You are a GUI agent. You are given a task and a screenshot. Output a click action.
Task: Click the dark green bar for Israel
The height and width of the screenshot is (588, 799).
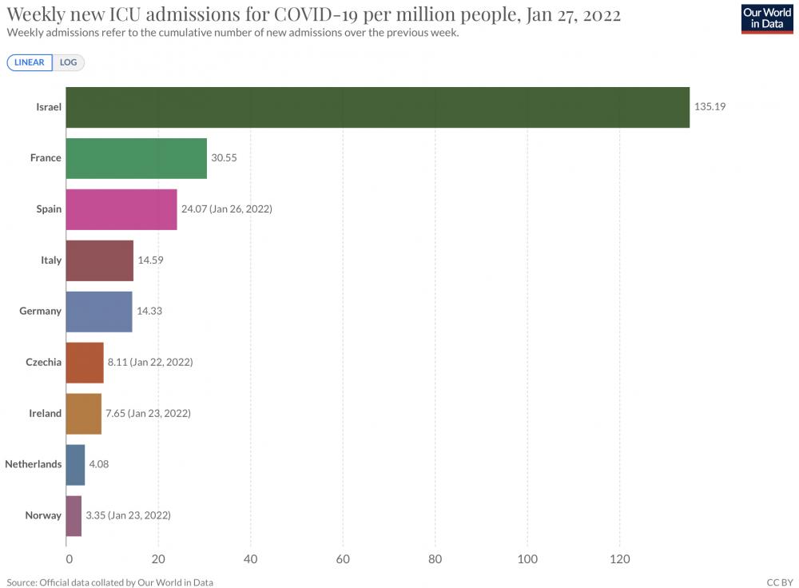[378, 107]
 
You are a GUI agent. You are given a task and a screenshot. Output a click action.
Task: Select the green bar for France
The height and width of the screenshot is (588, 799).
[137, 158]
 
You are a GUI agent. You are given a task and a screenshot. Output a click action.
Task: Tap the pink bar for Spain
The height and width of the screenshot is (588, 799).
[121, 209]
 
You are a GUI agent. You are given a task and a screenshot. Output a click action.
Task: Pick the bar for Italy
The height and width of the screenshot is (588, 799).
[100, 260]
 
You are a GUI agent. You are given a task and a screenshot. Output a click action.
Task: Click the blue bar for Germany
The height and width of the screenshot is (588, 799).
[99, 312]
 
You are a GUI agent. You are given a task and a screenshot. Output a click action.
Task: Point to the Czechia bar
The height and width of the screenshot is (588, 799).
[85, 362]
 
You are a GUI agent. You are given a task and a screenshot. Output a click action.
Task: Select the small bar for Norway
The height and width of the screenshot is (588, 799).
[74, 515]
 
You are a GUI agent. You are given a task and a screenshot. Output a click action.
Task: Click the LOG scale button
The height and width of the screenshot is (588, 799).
[68, 62]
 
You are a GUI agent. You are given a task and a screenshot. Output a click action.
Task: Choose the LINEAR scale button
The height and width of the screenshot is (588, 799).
[30, 62]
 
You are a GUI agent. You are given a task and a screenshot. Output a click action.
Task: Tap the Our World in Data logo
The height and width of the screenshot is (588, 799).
[767, 18]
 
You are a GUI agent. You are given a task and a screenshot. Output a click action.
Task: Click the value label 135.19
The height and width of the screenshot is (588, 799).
[710, 106]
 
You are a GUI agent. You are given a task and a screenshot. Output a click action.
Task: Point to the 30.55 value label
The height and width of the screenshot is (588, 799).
[225, 158]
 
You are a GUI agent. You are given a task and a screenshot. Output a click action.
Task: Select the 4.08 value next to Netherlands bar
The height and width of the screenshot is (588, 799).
[99, 464]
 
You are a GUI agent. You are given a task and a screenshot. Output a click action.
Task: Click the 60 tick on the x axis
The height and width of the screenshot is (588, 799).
[343, 559]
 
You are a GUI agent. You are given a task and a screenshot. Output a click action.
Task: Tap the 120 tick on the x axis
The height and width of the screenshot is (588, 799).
[620, 559]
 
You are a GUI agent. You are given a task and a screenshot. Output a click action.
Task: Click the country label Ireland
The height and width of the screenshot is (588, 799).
[46, 413]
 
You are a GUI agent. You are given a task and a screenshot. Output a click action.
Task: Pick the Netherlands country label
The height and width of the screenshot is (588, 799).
[33, 464]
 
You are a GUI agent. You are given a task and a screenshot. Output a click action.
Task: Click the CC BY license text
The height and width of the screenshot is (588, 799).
[780, 582]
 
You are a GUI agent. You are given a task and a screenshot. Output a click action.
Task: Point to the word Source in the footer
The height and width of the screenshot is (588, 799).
[22, 582]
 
